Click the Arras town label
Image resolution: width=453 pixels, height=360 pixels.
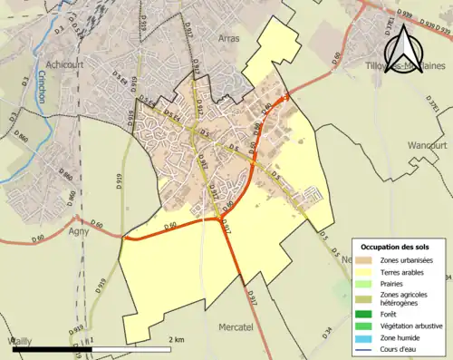pyautogui.click(x=228, y=39)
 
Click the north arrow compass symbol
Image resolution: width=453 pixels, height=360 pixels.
pyautogui.click(x=403, y=55)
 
